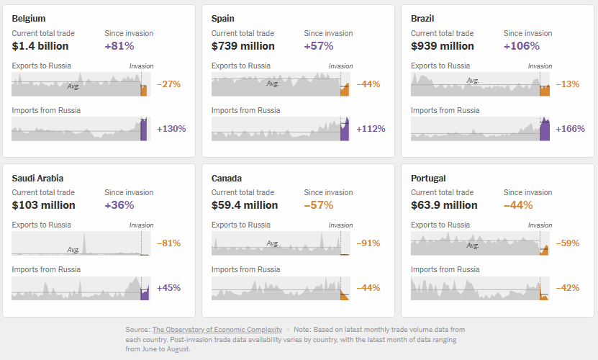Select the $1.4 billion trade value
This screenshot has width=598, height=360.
[x=40, y=46]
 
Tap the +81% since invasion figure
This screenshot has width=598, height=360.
[x=119, y=46]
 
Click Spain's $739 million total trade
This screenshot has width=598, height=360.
[x=243, y=46]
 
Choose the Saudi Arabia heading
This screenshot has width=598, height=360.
[x=38, y=178]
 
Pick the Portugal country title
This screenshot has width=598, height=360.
[x=430, y=178]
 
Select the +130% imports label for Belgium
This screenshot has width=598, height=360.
[x=171, y=129]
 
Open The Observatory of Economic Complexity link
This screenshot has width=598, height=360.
[x=217, y=330]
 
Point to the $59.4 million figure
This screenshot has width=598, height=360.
[x=245, y=205]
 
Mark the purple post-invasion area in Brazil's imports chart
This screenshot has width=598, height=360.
[x=545, y=130]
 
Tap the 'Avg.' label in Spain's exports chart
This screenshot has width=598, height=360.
[x=273, y=84]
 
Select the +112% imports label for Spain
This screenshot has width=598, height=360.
[x=371, y=129]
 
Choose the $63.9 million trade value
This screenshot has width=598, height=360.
[x=444, y=205]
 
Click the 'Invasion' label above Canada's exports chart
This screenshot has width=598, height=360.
[x=341, y=225]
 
